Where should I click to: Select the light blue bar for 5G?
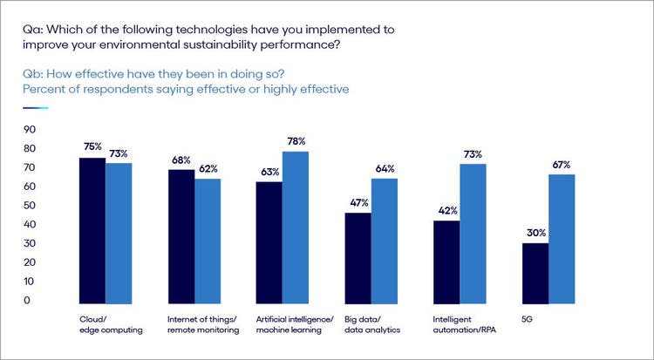[561, 237]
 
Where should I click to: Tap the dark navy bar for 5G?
[535, 272]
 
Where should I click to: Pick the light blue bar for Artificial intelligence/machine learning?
[296, 226]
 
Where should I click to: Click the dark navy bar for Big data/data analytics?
[358, 256]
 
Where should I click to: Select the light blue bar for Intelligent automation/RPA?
[472, 232]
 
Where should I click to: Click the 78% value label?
[296, 141]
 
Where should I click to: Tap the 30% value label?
[535, 232]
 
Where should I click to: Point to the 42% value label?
[446, 210]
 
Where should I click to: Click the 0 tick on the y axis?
[28, 301]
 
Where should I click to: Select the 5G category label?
[528, 320]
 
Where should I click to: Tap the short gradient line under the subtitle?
[36, 108]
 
